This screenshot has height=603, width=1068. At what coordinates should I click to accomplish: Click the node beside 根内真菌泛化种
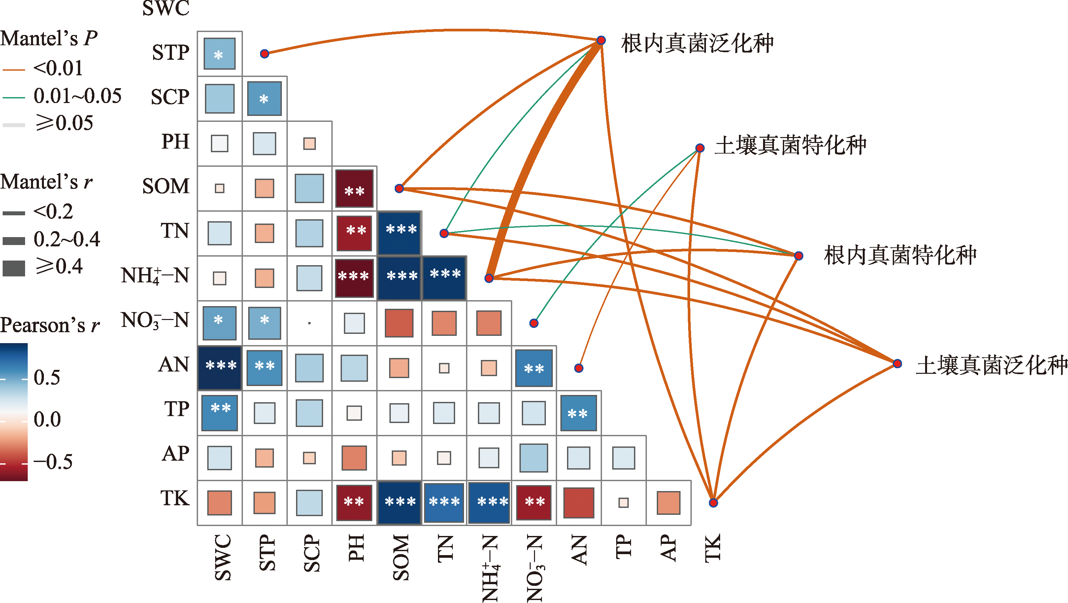coord(601,40)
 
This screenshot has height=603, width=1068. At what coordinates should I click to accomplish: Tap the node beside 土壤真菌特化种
coord(700,148)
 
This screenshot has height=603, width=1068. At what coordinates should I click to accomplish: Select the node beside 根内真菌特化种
coord(798,256)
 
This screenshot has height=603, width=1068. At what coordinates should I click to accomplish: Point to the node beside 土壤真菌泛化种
coord(897,364)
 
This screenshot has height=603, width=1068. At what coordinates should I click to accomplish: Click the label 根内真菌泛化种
coord(697,43)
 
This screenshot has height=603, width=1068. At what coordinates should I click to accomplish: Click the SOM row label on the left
coord(166,186)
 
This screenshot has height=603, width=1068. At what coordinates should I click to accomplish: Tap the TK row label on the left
coord(175,499)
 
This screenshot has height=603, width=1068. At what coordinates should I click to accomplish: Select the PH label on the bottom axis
coord(356,548)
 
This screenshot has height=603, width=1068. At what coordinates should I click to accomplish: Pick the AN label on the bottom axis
coord(579,550)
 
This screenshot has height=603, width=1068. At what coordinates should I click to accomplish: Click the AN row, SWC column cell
coord(220,368)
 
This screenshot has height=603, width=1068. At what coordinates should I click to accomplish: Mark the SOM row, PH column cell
coord(354,189)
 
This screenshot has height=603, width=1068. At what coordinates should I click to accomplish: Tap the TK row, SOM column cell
coord(399,503)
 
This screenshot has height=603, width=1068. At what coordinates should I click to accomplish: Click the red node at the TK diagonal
coord(713,503)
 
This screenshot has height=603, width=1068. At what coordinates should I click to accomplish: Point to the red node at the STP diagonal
coord(264,53)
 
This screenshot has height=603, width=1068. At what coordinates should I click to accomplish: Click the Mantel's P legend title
coord(49,39)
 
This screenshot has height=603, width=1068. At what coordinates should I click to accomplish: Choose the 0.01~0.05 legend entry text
coord(78,96)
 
